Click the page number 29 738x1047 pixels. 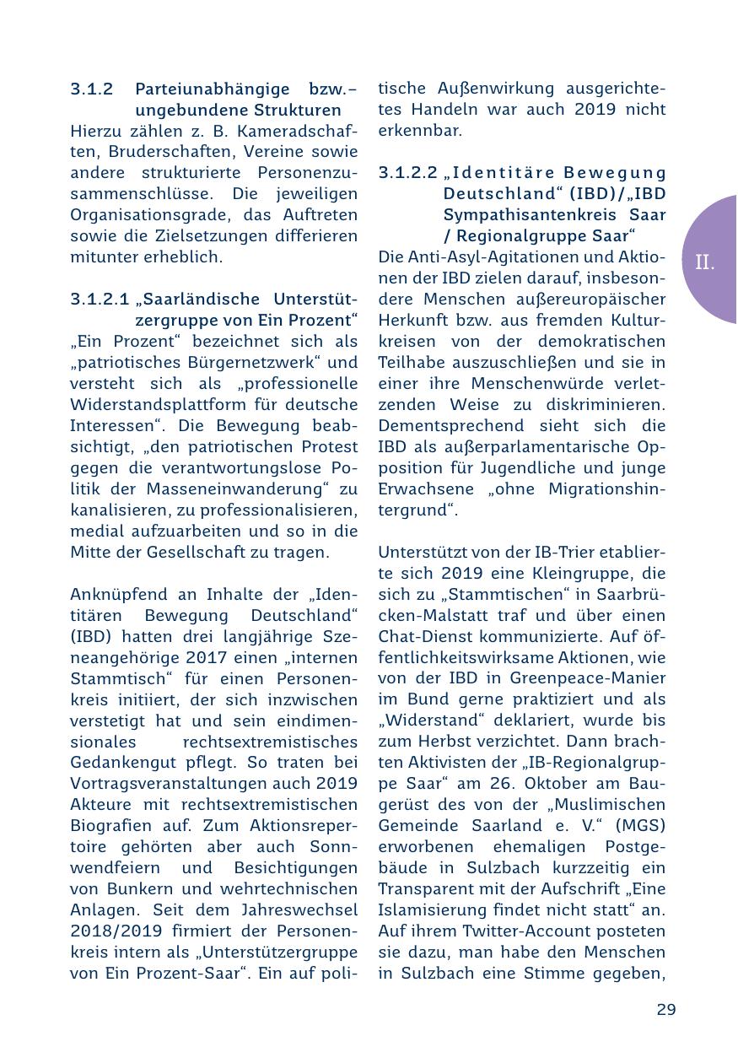pos(665,1009)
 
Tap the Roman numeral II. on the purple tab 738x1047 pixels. pos(705,262)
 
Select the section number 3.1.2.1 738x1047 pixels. pos(100,300)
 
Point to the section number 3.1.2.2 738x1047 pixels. pos(407,173)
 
